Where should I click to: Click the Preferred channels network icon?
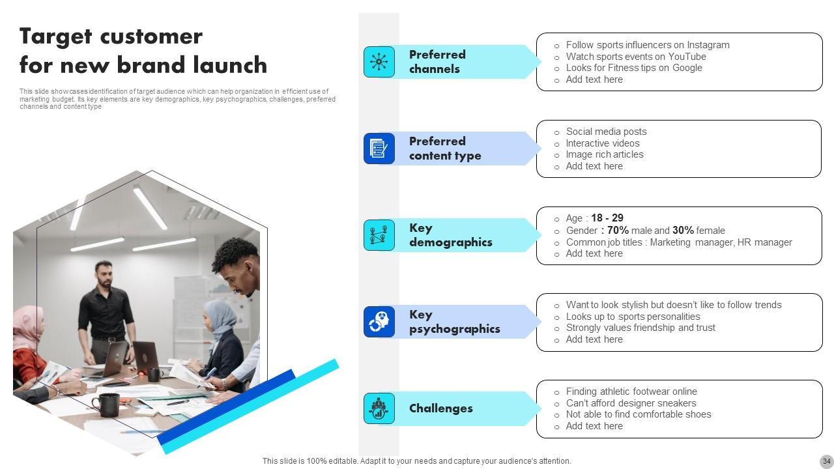click(379, 62)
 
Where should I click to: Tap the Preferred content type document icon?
click(379, 148)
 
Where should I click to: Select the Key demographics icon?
click(379, 235)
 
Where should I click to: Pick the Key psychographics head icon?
click(379, 322)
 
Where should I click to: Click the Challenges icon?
click(379, 408)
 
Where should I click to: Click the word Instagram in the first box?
click(708, 45)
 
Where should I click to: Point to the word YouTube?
click(687, 57)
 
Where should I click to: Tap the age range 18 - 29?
click(607, 218)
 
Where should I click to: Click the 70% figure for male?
click(618, 231)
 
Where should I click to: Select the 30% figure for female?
click(683, 231)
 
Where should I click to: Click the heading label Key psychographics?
click(455, 322)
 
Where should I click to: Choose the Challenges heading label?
click(441, 408)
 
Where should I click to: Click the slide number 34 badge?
click(827, 461)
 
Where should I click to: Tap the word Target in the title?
click(56, 37)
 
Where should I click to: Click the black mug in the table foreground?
click(106, 405)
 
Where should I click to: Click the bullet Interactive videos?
click(603, 143)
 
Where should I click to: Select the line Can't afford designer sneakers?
click(631, 403)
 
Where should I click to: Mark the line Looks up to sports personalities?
click(633, 317)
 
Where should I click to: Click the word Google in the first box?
click(687, 68)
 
